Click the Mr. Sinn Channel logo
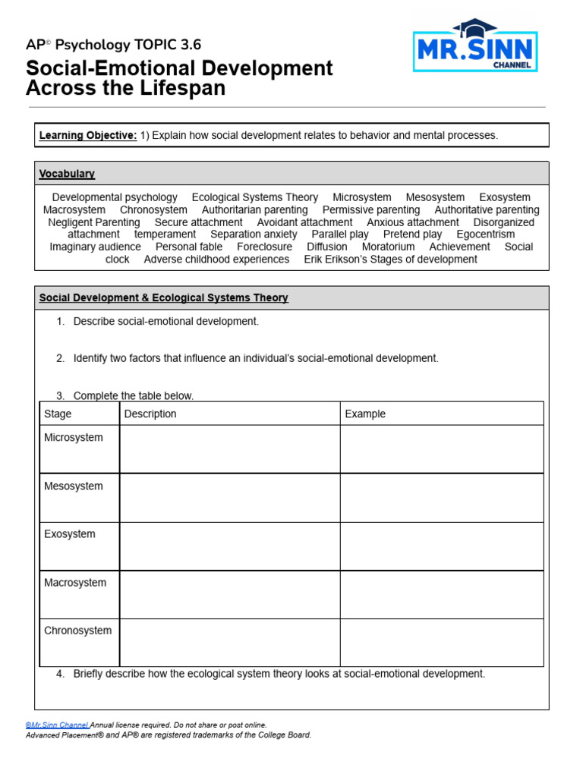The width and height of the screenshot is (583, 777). click(475, 47)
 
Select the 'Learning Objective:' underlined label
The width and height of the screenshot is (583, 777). click(88, 135)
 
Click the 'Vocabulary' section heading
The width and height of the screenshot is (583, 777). click(67, 174)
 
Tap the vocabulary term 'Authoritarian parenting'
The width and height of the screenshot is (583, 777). click(254, 209)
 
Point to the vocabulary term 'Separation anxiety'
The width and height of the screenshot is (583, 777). click(254, 234)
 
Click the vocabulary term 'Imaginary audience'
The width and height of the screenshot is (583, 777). click(95, 247)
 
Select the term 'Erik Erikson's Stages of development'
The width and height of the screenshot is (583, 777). click(390, 259)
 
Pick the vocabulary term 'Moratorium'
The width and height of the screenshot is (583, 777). click(388, 247)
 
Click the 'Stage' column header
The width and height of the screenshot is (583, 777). click(58, 414)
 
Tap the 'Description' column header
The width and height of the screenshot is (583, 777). click(150, 414)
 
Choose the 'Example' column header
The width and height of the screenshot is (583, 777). click(365, 414)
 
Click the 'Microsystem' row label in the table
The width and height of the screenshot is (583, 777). click(74, 438)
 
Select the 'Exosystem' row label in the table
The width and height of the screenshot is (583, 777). click(70, 534)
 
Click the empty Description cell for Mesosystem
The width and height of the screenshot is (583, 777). click(229, 498)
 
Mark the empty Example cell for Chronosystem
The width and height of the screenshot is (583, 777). click(441, 643)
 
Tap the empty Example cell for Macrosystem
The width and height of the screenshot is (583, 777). click(441, 594)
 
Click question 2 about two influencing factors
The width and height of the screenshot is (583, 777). click(255, 358)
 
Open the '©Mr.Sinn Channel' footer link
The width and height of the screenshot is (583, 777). click(58, 725)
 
